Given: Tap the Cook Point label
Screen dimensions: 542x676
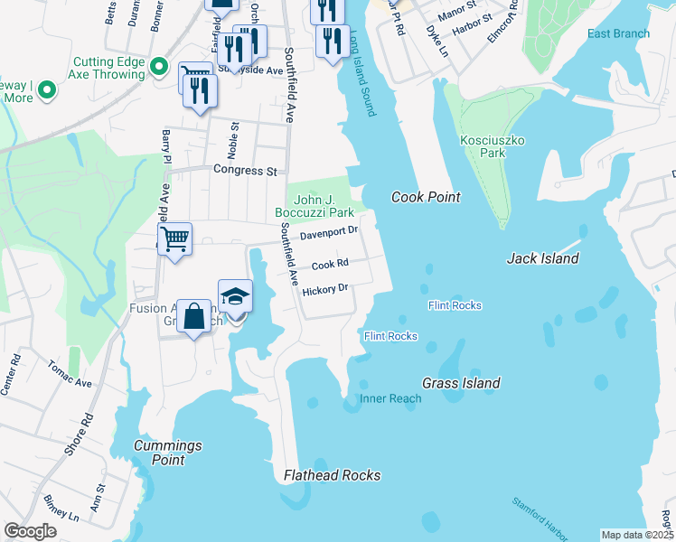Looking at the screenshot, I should pyautogui.click(x=426, y=197).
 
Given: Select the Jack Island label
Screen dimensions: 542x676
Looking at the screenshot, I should pyautogui.click(x=542, y=258).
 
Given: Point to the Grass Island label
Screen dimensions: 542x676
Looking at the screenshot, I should pyautogui.click(x=461, y=383).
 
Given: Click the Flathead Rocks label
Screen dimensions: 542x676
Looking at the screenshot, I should pyautogui.click(x=332, y=475).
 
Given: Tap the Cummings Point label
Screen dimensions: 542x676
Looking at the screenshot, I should pyautogui.click(x=167, y=453).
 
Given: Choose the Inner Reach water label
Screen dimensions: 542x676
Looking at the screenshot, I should pyautogui.click(x=390, y=398).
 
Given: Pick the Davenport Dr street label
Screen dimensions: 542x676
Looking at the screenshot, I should pyautogui.click(x=329, y=233).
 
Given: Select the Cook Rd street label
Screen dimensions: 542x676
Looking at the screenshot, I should pyautogui.click(x=330, y=265).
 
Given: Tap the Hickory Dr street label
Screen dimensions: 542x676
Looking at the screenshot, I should pyautogui.click(x=325, y=290).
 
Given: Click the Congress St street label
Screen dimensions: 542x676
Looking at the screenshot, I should pyautogui.click(x=245, y=170).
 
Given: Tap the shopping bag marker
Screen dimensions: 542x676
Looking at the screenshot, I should pyautogui.click(x=193, y=316).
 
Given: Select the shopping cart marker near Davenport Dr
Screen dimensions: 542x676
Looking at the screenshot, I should pyautogui.click(x=174, y=239).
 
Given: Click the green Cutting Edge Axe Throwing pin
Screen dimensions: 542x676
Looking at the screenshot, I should pyautogui.click(x=160, y=66).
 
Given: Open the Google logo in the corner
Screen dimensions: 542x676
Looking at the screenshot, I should pyautogui.click(x=30, y=531).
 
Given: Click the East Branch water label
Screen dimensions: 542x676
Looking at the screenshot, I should pyautogui.click(x=618, y=34).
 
